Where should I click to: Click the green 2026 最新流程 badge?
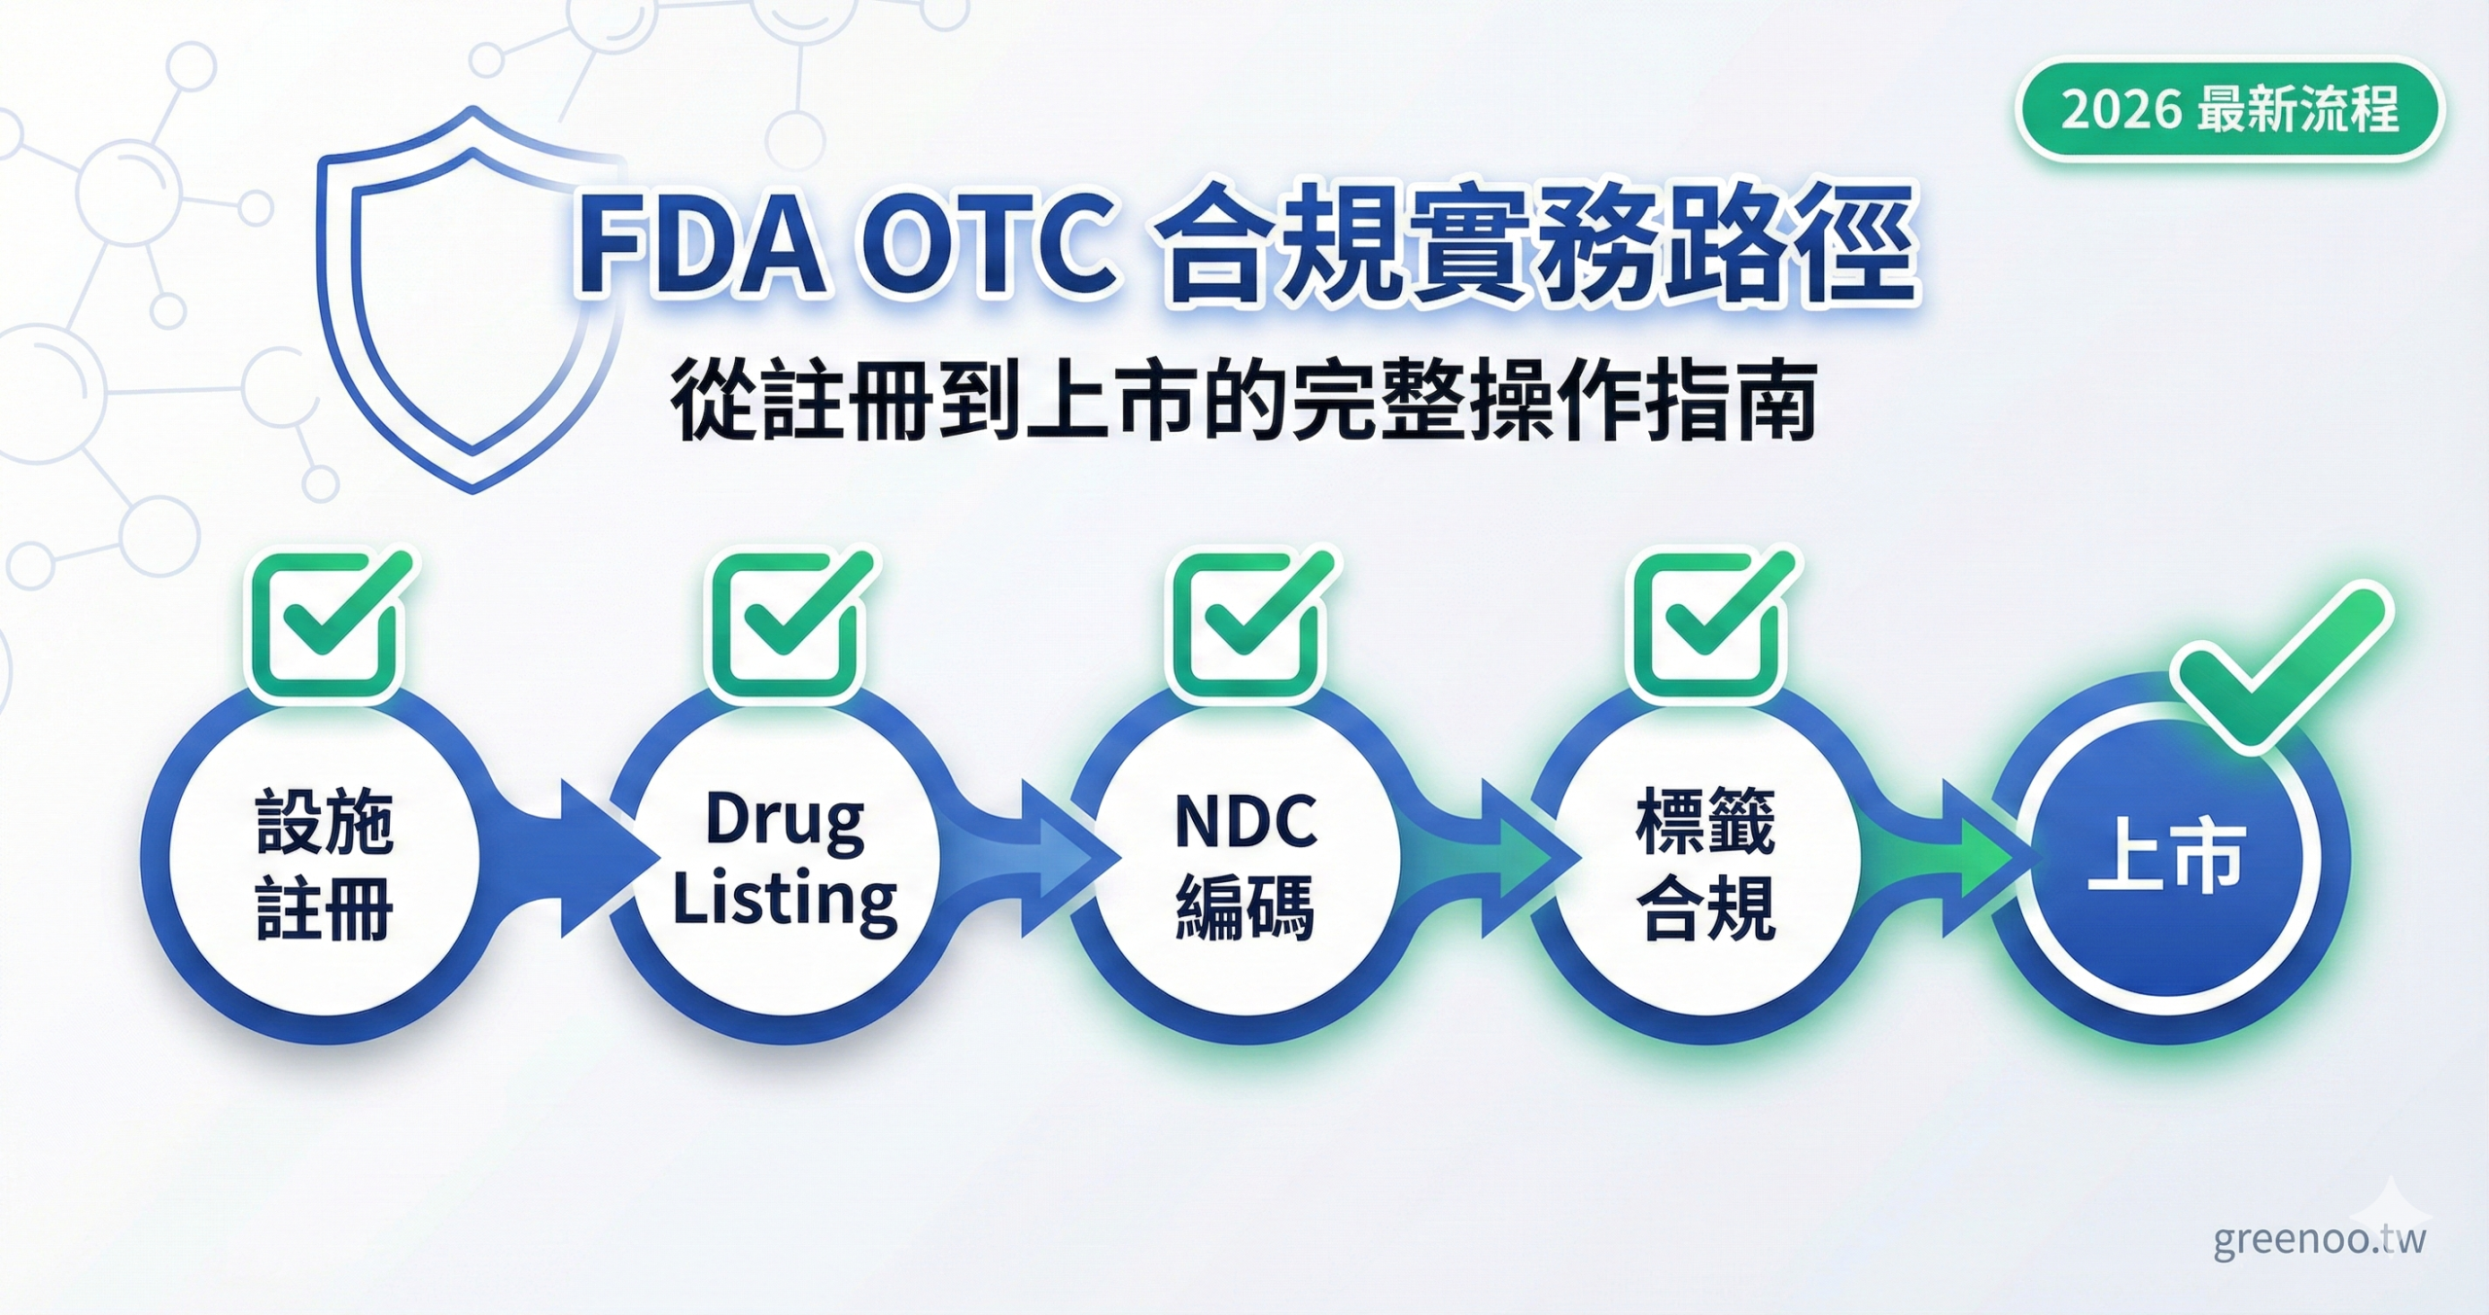(x=2228, y=110)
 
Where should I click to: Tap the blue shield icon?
(x=472, y=302)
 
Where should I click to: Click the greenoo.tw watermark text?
(x=2319, y=1240)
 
